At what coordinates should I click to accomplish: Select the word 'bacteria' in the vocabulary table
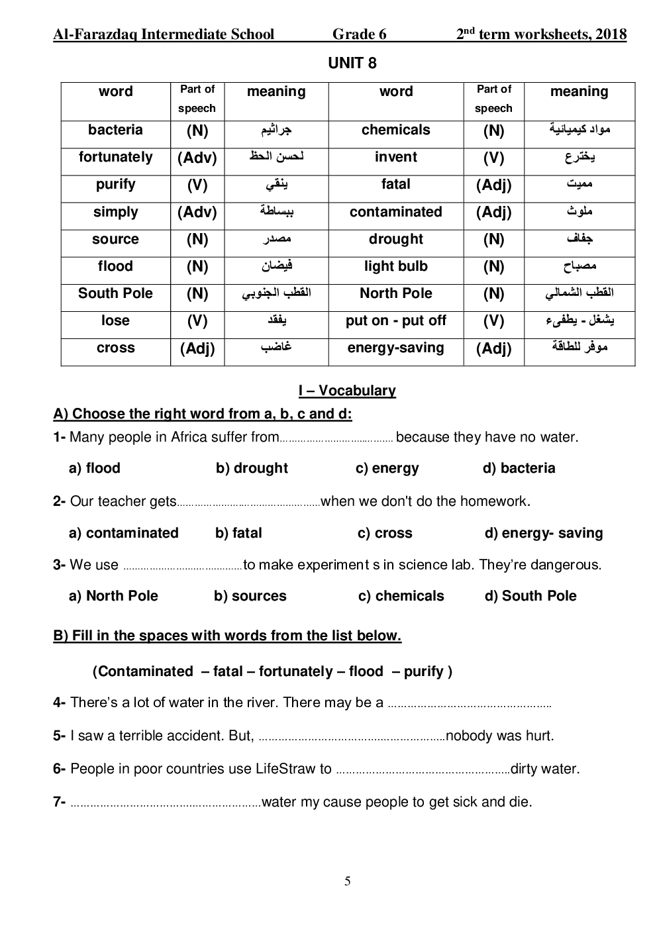[115, 130]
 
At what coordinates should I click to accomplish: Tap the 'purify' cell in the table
[115, 185]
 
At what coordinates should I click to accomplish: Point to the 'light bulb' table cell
[395, 267]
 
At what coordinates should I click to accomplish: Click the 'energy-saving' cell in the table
[395, 348]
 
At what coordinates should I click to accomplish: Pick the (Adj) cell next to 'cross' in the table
[197, 349]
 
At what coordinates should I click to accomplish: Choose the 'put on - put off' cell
[395, 321]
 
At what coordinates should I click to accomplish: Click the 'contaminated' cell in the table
[395, 213]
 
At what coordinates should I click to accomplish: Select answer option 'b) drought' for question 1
[252, 468]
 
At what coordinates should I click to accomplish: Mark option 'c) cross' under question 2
[385, 533]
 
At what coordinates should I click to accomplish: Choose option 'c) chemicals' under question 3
[401, 596]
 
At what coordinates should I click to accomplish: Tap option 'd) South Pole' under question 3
[531, 596]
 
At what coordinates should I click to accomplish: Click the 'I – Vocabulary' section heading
[347, 391]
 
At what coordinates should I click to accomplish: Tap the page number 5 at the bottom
[348, 881]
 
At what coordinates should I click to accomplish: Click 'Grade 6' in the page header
[360, 34]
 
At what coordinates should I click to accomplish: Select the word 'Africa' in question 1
[190, 437]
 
